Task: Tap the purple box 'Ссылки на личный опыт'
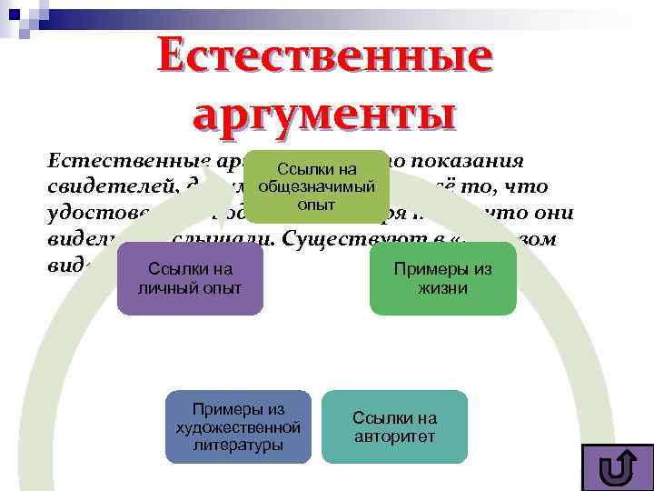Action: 190,278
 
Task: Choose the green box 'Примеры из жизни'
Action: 443,278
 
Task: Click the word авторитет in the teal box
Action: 394,436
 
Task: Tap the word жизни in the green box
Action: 443,288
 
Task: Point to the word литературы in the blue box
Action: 238,445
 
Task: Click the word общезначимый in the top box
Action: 316,186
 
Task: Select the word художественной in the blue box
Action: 238,427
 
